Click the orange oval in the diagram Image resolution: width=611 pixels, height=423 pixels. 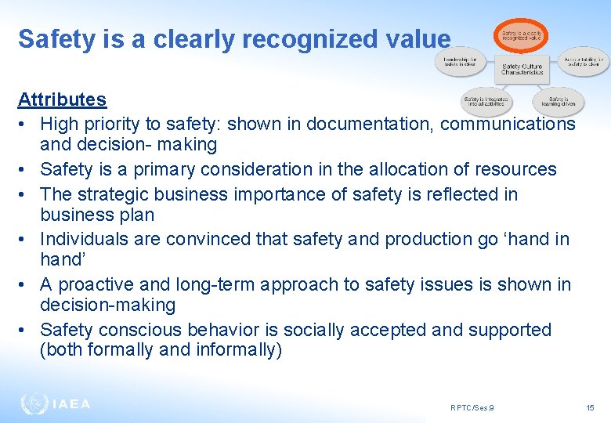click(521, 35)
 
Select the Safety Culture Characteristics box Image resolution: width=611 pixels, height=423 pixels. click(522, 68)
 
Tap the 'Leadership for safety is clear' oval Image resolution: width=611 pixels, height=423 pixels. click(461, 63)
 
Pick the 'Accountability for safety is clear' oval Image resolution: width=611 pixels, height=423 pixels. click(584, 63)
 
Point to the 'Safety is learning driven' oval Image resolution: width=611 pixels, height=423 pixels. click(558, 101)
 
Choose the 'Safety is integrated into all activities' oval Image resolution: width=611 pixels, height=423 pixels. click(486, 101)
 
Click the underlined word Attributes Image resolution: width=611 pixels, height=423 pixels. click(62, 99)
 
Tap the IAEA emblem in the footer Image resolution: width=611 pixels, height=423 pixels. click(34, 403)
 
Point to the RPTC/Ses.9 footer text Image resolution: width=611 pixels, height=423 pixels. click(472, 407)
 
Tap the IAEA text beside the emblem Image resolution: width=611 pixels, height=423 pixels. click(71, 404)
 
